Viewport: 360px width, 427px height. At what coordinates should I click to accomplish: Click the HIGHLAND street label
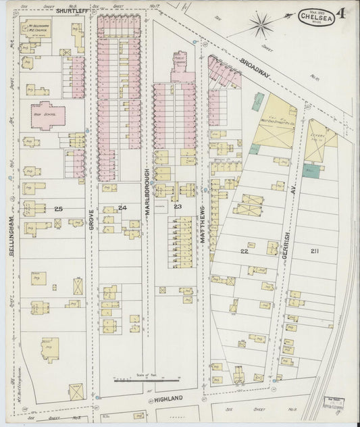click(x=165, y=399)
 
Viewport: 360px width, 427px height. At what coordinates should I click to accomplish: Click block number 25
click(x=58, y=210)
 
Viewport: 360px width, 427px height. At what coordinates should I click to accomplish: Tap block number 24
click(x=122, y=207)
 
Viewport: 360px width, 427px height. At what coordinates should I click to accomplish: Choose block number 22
click(x=245, y=251)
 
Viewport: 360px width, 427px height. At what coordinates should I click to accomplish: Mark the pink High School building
click(x=45, y=113)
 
